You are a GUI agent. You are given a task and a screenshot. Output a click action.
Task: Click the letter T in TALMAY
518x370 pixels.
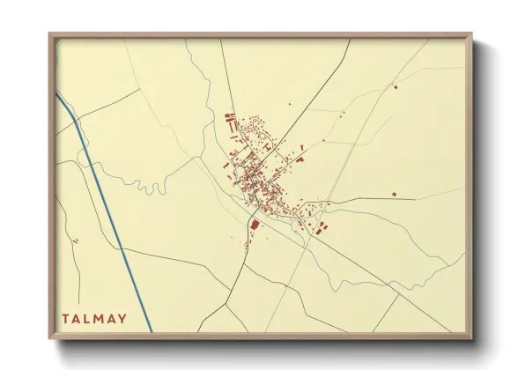[65, 319]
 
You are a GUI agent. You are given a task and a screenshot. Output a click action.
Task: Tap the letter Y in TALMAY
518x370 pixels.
[122, 319]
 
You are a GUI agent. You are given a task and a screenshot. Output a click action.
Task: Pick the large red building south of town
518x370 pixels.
[255, 225]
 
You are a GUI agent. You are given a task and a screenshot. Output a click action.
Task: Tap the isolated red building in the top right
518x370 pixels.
[395, 86]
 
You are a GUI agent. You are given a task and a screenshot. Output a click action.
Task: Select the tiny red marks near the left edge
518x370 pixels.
[77, 240]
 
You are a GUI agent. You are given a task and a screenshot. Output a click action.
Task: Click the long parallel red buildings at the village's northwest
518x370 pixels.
[232, 123]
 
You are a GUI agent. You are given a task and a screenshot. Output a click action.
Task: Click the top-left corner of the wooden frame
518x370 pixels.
[50, 35]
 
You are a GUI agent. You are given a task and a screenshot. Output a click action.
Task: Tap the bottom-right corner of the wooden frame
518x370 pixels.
[470, 337]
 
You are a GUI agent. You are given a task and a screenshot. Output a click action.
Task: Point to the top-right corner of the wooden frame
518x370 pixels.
[470, 35]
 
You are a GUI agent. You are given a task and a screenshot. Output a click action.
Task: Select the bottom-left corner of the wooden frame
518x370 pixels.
[50, 337]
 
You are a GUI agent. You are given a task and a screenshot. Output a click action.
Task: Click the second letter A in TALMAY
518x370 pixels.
[111, 319]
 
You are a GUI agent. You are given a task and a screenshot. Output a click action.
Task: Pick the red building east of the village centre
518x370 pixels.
[299, 160]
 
